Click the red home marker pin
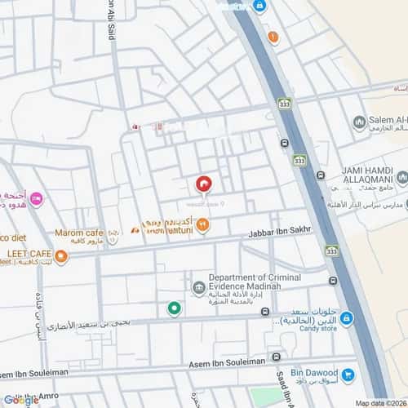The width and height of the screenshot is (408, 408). click(x=204, y=184)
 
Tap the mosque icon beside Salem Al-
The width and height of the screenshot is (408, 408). click(x=358, y=122)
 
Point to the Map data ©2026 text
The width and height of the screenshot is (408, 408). click(x=378, y=402)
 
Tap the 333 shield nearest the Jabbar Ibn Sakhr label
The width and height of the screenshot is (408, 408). click(x=330, y=250)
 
